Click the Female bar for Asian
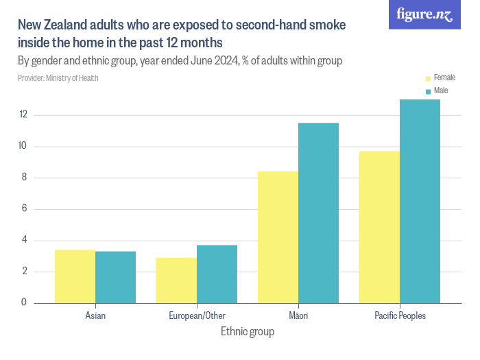75,276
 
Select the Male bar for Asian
115,277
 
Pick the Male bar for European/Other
217,274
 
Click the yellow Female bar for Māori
278,237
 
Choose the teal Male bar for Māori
318,213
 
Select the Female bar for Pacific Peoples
379,226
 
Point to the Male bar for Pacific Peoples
420,201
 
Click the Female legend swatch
428,78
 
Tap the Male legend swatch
428,91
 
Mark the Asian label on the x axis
95,316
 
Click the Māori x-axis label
298,316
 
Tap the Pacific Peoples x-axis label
400,316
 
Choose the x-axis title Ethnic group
248,332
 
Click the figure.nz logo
425,14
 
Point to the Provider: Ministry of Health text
58,78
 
